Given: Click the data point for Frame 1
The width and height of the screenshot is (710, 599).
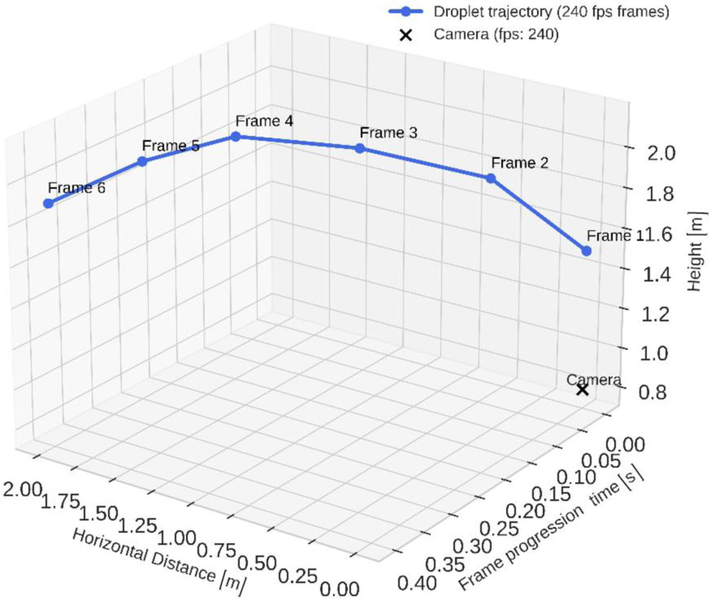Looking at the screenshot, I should coord(586,251).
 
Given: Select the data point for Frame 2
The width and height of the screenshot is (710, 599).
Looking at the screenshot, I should coord(491,178).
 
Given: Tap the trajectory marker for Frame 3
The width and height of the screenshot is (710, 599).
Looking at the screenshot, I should coord(359,148).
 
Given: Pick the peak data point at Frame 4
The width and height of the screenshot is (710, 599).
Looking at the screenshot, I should coord(236,136).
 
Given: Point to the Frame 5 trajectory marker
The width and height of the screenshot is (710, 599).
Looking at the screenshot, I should coord(142,161).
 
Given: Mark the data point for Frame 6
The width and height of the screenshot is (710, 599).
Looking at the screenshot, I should coord(48,203).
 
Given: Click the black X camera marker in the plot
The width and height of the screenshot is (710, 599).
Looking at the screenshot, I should coord(582,389).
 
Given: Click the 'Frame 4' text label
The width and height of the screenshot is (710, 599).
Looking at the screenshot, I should coord(264,121).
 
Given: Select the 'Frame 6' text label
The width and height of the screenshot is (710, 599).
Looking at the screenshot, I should coord(76,188).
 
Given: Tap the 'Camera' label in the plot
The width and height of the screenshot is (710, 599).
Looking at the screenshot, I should coord(593,379).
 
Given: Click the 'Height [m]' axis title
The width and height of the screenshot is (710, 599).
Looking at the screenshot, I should coord(697,253).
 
